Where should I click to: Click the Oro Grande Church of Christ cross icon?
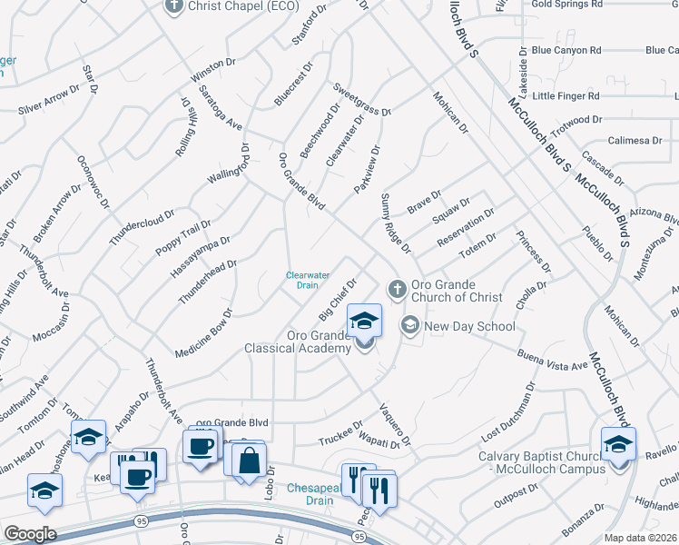click(x=396, y=289)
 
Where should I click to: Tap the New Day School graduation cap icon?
click(x=410, y=325)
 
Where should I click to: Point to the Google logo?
click(x=30, y=533)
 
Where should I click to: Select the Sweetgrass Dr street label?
click(x=360, y=100)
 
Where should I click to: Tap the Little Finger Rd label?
click(x=566, y=95)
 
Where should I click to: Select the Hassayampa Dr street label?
click(x=200, y=257)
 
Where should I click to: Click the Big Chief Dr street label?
click(x=336, y=301)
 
